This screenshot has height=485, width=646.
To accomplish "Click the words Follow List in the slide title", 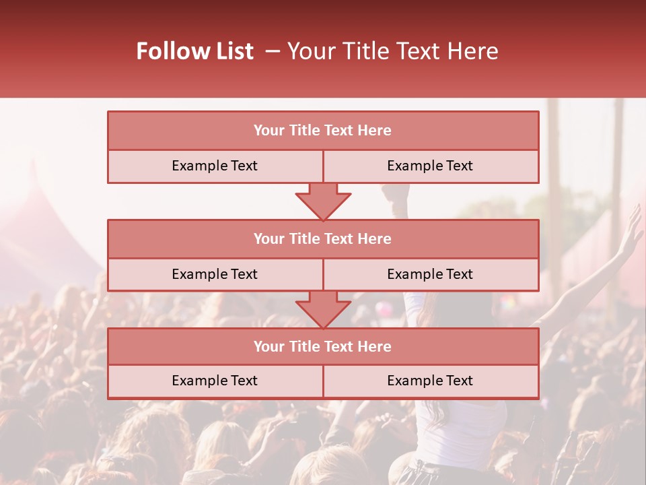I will pyautogui.click(x=195, y=51).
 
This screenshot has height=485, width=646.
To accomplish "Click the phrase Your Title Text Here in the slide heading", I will pyautogui.click(x=393, y=51).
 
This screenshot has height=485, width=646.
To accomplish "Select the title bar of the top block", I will pyautogui.click(x=323, y=131).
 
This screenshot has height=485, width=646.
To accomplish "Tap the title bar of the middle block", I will pyautogui.click(x=323, y=239).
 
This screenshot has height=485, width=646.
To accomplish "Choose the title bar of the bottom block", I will pyautogui.click(x=323, y=347).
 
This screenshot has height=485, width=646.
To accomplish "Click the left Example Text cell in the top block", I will pyautogui.click(x=215, y=166).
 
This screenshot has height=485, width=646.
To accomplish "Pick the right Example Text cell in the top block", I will pyautogui.click(x=431, y=166).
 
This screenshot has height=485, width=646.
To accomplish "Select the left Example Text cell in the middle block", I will pyautogui.click(x=215, y=275).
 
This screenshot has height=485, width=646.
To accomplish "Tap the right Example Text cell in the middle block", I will pyautogui.click(x=431, y=275).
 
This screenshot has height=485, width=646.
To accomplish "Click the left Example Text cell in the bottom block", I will pyautogui.click(x=215, y=381).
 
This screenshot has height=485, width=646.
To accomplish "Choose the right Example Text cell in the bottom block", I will pyautogui.click(x=431, y=381).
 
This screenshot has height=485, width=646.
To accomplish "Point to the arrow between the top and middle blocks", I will pyautogui.click(x=323, y=202).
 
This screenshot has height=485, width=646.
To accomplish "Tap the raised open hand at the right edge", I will pyautogui.click(x=631, y=229).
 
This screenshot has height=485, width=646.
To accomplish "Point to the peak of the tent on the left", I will pyautogui.click(x=30, y=168).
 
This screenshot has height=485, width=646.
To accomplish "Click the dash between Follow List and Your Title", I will pyautogui.click(x=272, y=51).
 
